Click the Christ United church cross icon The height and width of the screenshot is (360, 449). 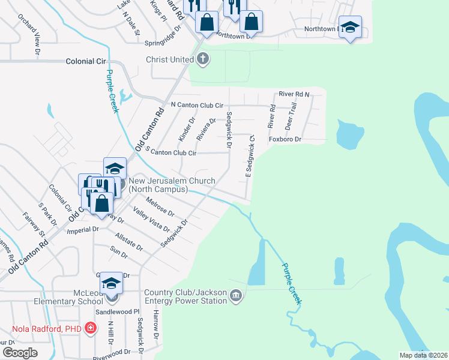(203, 59)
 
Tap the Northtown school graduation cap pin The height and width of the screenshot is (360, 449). (350, 27)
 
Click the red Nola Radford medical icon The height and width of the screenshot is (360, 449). (90, 328)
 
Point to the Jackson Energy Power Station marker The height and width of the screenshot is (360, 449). (236, 296)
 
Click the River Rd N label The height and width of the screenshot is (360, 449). (294, 94)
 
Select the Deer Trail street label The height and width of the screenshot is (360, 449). (292, 116)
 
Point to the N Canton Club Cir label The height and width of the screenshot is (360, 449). (197, 105)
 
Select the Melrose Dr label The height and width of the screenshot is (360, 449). (160, 208)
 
